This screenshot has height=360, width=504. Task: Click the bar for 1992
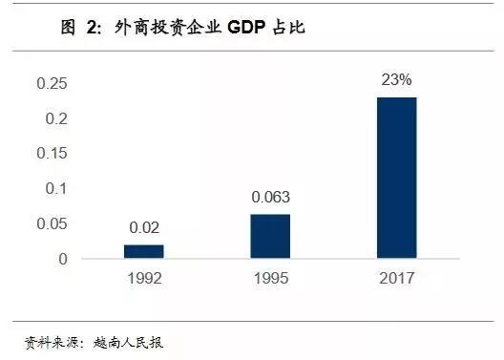[144, 251]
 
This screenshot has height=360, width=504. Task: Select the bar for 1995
[270, 236]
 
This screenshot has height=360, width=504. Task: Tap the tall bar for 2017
[397, 178]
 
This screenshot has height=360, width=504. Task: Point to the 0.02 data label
[144, 228]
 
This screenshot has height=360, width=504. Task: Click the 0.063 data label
[270, 198]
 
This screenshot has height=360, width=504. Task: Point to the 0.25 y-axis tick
[52, 84]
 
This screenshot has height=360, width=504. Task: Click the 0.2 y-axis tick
[57, 118]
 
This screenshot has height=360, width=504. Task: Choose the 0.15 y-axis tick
[52, 154]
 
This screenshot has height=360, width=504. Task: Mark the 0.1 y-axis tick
[57, 189]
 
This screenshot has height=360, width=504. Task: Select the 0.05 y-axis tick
[52, 223]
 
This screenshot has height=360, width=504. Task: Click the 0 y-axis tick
[63, 259]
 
